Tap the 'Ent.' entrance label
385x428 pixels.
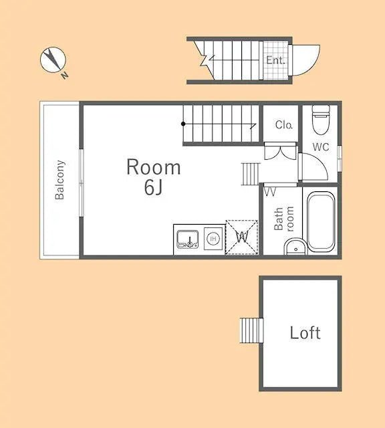275,60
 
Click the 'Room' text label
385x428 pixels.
153,167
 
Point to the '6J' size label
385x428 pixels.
153,188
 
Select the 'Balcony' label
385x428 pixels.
59,179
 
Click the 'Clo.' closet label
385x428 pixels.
284,125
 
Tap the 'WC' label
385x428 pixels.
321,148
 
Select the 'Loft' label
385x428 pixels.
305,332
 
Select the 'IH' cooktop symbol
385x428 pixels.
213,237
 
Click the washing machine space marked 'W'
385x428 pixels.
241,237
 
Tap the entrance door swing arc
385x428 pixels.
307,60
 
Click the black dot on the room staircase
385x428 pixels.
183,124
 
